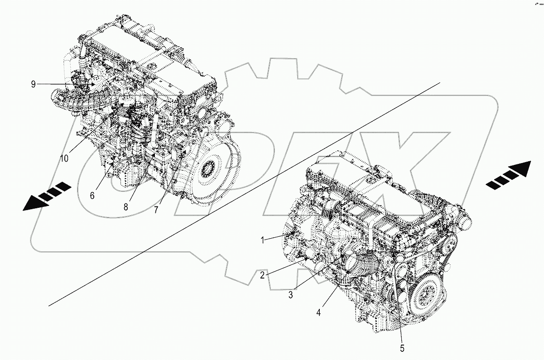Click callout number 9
33,84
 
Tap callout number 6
92,195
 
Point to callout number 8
125,206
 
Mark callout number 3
290,295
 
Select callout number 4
319,312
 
